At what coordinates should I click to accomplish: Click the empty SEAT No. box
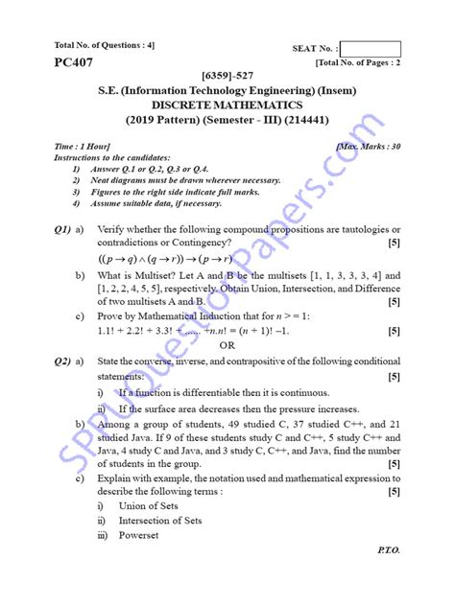tap(370, 49)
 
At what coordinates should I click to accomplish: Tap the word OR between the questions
tap(227, 345)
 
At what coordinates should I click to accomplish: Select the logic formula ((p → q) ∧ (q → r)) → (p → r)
tap(186, 259)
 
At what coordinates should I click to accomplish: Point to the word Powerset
tap(138, 535)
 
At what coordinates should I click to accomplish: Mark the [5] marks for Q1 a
tap(394, 243)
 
